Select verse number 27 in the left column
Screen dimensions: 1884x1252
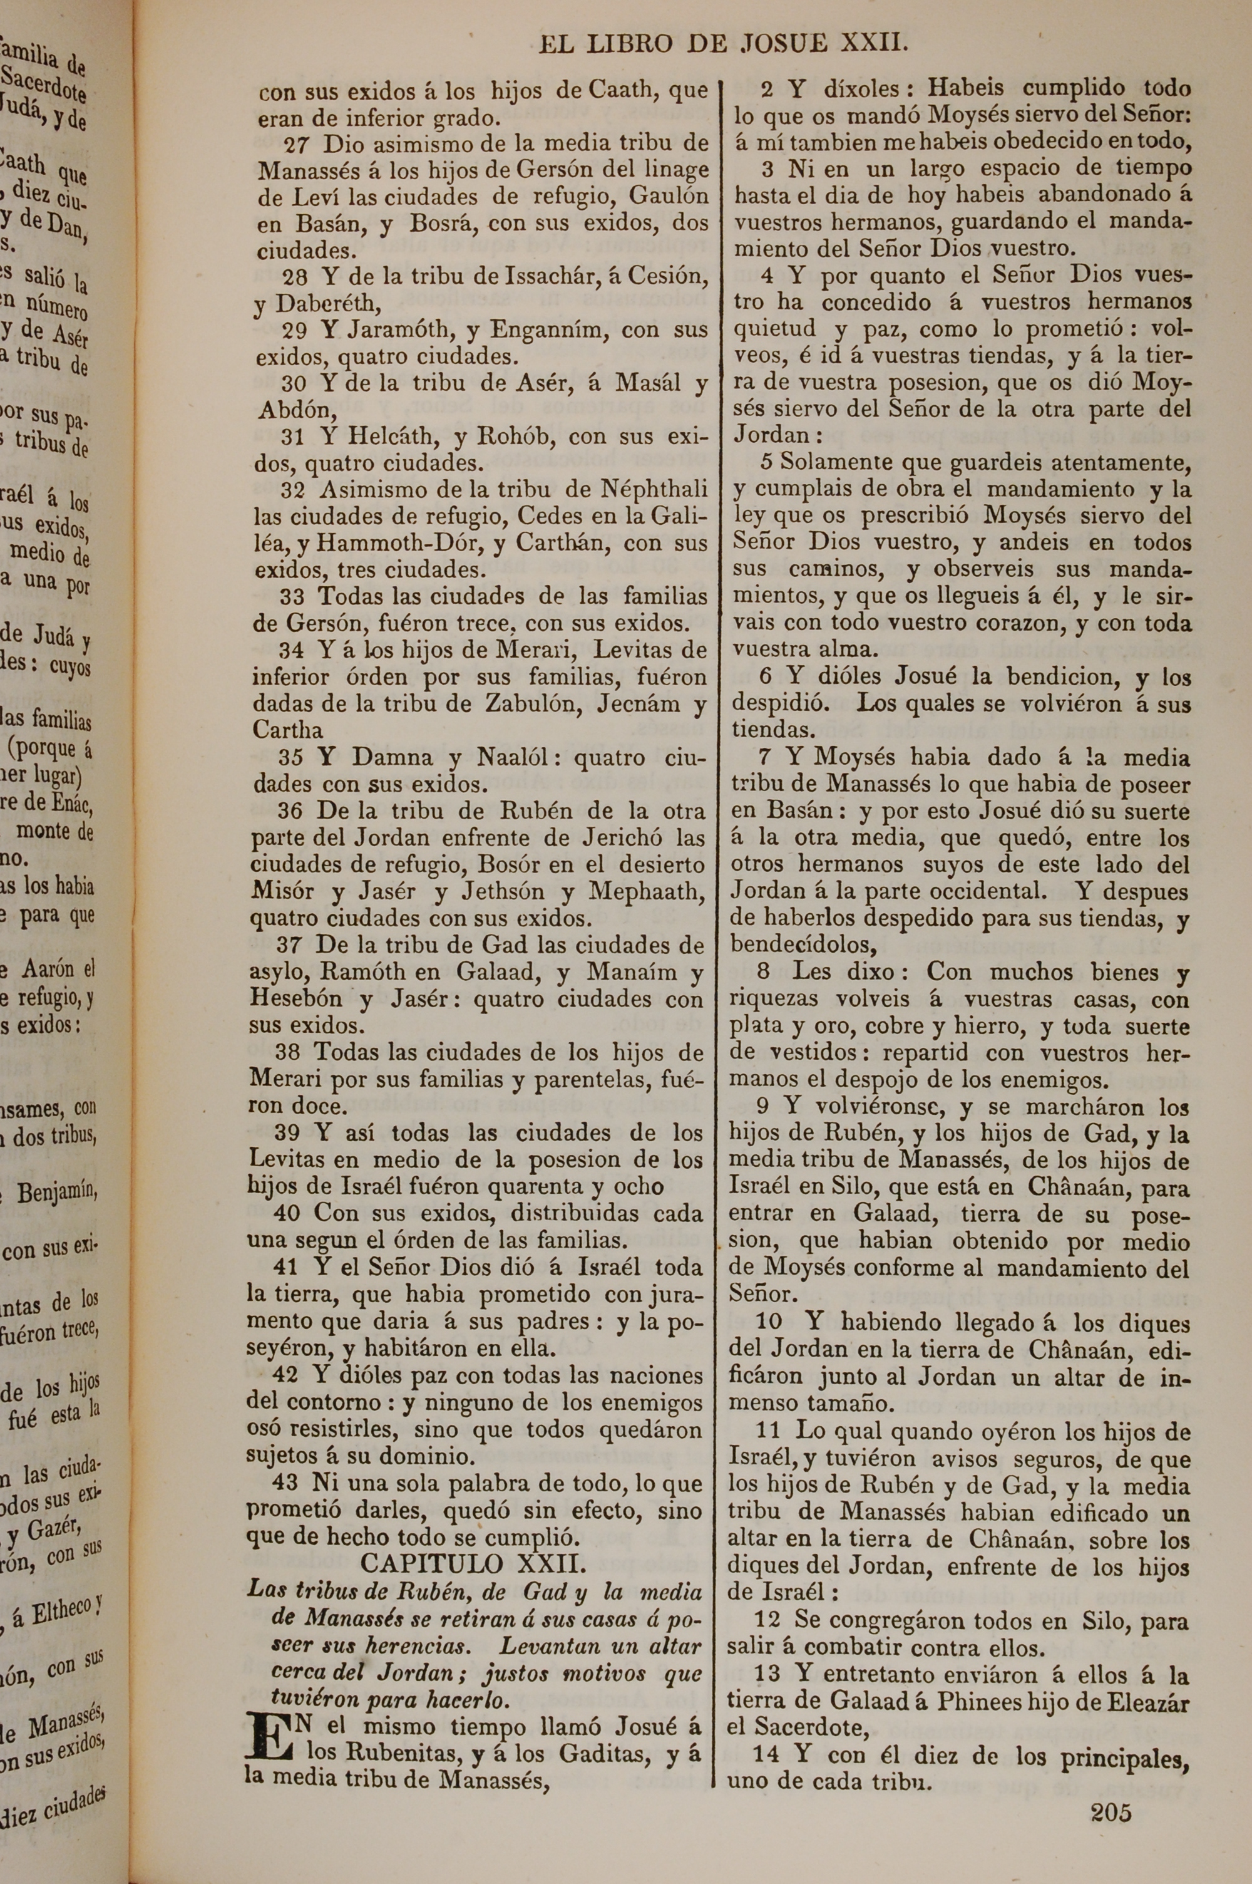tap(297, 145)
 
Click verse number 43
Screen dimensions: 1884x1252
tap(287, 1483)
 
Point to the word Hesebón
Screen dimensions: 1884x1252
tap(295, 999)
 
